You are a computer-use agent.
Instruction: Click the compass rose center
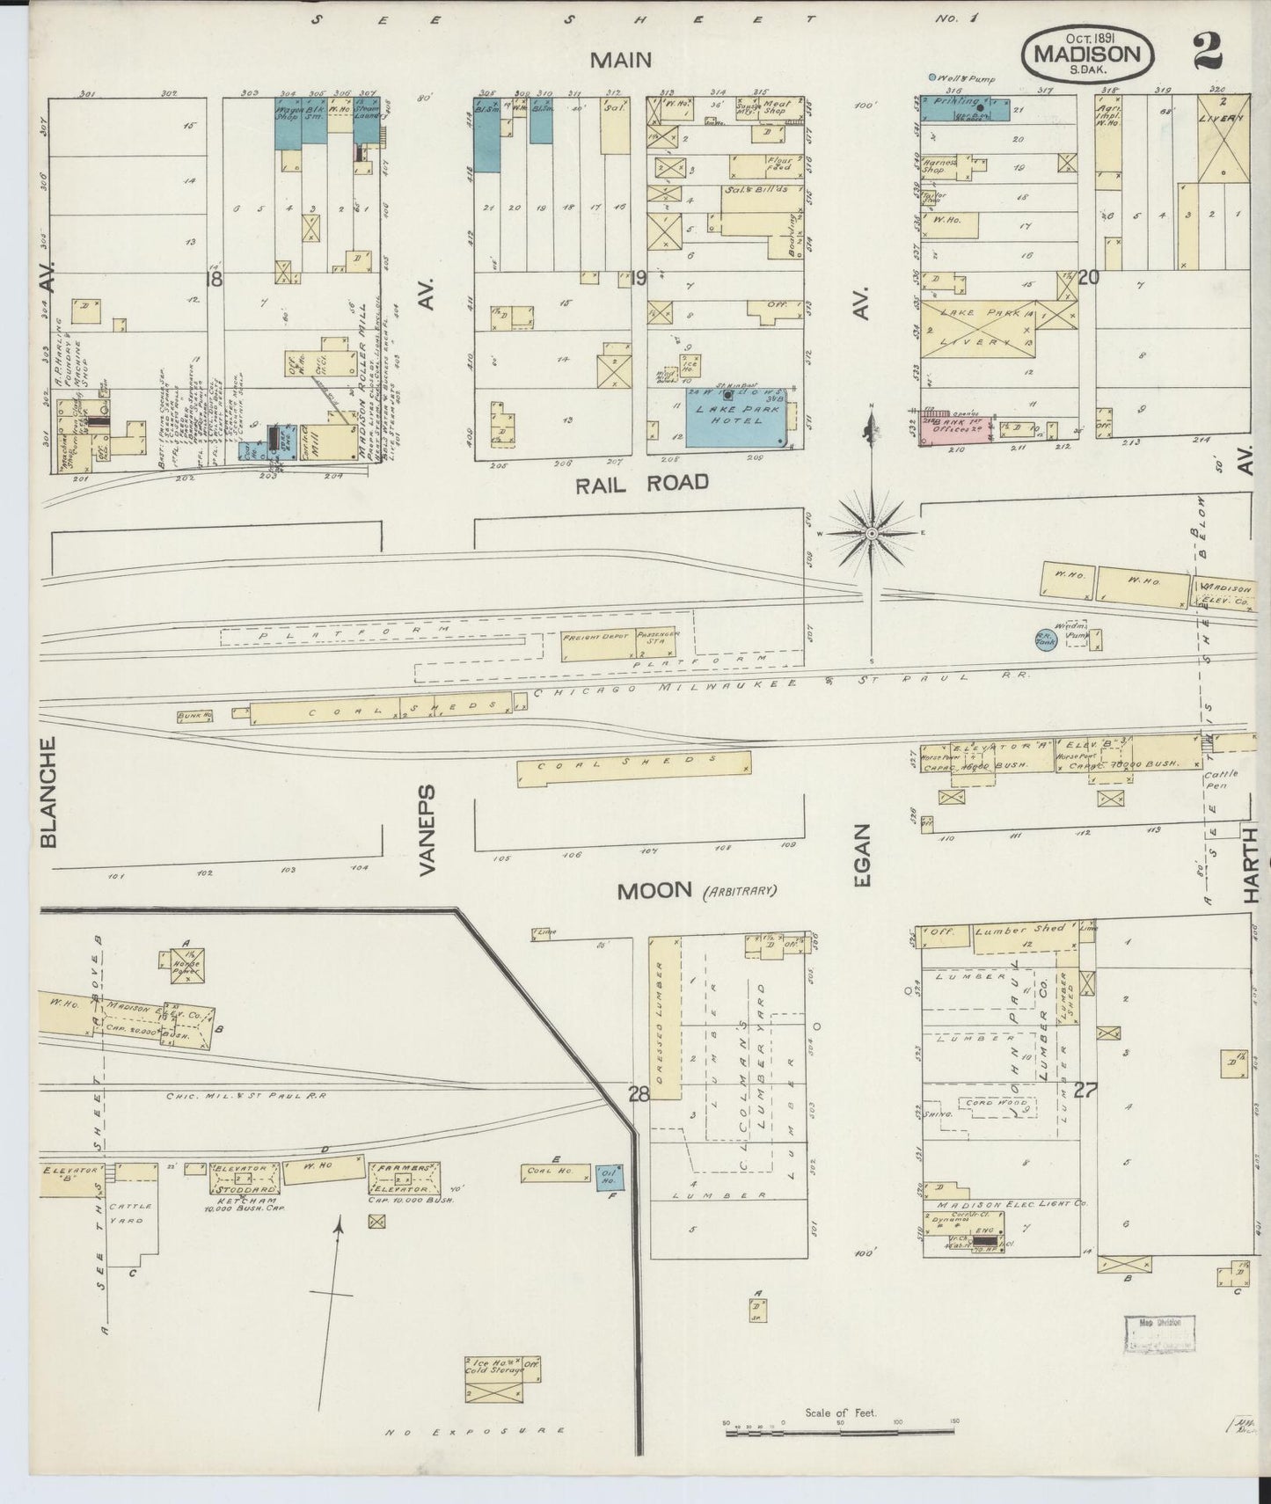872,533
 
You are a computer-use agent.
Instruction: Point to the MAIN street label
621,60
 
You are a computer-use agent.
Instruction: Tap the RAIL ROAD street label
641,482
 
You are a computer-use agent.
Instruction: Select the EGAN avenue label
862,855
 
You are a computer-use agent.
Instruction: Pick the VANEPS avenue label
427,830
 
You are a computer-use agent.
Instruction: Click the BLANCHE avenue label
48,792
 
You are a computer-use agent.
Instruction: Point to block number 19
639,279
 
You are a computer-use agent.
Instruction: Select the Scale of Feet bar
840,1432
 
